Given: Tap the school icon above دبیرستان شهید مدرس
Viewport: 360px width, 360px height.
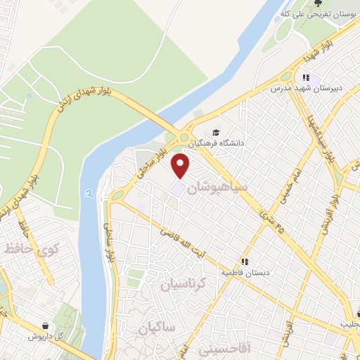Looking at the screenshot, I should pos(305,77).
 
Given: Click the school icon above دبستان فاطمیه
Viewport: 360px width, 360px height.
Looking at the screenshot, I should pos(244,259).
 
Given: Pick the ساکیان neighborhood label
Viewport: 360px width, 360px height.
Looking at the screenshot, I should pos(155,328).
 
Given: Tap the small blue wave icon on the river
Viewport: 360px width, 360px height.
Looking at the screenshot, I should pos(87,192).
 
